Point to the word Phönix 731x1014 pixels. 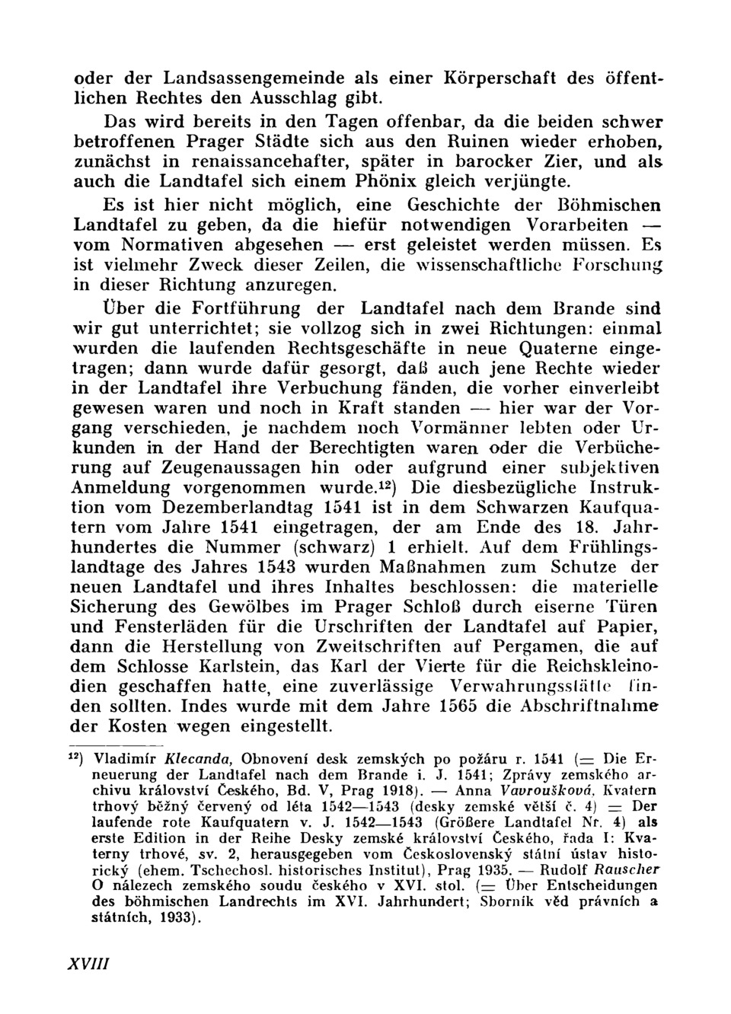(388, 181)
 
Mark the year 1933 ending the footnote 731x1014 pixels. (172, 918)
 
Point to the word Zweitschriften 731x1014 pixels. (363, 646)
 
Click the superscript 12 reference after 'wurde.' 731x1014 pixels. (387, 483)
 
